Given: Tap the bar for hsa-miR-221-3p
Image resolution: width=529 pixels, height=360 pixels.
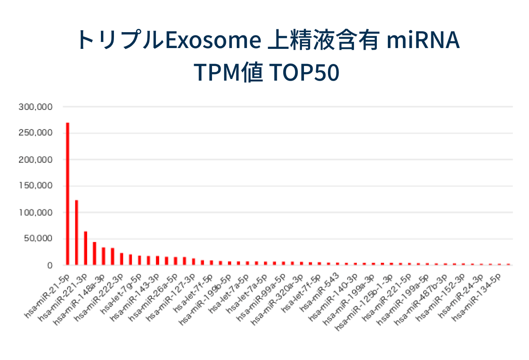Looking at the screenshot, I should pyautogui.click(x=85, y=248).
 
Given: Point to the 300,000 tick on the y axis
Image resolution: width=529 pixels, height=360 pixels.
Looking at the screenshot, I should pyautogui.click(x=35, y=107).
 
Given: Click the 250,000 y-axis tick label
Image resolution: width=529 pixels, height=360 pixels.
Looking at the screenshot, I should pyautogui.click(x=35, y=133).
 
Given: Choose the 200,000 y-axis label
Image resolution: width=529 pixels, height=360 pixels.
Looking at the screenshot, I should pyautogui.click(x=35, y=160).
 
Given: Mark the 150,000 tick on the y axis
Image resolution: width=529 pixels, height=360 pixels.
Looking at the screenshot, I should pyautogui.click(x=35, y=186).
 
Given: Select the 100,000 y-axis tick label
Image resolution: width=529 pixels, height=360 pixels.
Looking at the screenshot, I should pyautogui.click(x=35, y=213).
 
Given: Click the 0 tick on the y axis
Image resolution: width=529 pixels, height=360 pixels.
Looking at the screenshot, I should pyautogui.click(x=49, y=266).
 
